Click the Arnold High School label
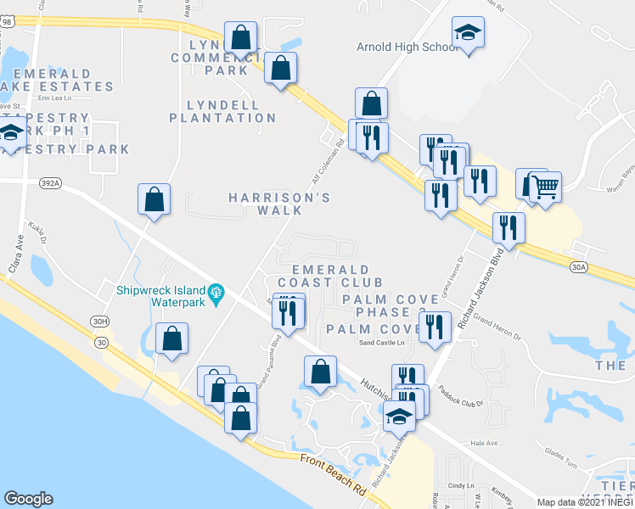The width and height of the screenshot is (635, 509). tap(408, 47)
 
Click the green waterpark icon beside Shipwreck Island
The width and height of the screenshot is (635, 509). tap(216, 294)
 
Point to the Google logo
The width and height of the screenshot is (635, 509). tap(28, 499)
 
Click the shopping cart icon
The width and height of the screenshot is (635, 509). tap(546, 187)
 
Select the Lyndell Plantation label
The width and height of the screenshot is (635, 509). tap(222, 110)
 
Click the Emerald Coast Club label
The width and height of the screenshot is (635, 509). tap(324, 275)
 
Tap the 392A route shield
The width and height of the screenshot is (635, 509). tap(49, 181)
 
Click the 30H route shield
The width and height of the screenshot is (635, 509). tap(101, 321)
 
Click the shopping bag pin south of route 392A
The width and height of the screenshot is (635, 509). tap(154, 200)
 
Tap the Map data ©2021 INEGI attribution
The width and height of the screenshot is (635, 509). tap(585, 502)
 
